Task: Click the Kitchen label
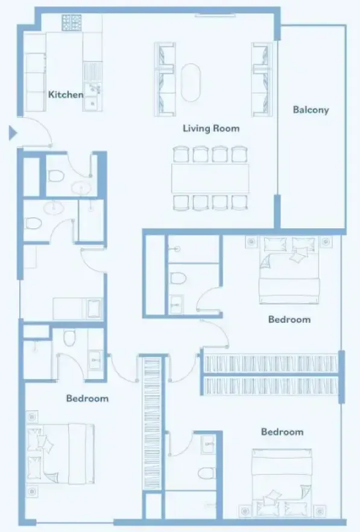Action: tap(66, 94)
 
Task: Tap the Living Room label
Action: tap(211, 128)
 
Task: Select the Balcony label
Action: tap(311, 110)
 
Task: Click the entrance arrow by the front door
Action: tap(13, 133)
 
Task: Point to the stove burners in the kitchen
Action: tap(72, 23)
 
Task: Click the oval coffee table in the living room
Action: tap(191, 83)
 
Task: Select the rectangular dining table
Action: tap(210, 178)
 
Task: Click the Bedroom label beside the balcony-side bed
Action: tap(289, 319)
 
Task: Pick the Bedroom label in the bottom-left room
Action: tap(87, 398)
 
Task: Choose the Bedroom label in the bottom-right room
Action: tap(282, 431)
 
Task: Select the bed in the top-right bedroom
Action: tap(289, 270)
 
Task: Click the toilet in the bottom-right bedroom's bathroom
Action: tap(206, 473)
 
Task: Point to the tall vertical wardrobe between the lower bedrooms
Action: tap(152, 424)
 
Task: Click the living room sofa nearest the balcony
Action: tap(262, 80)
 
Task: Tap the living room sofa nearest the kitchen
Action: tap(165, 80)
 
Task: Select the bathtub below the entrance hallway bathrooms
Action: tap(95, 308)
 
